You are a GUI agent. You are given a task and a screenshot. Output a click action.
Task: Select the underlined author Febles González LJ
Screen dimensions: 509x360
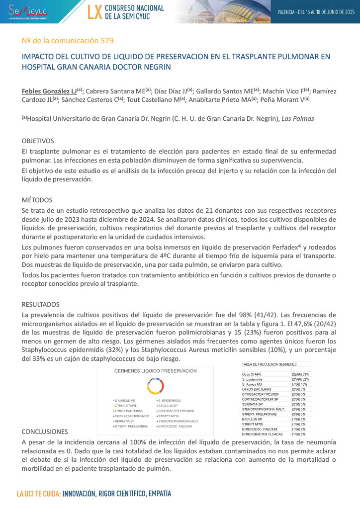[x=49, y=91]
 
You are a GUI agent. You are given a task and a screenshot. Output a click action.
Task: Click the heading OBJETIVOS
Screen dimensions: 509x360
[x=38, y=141]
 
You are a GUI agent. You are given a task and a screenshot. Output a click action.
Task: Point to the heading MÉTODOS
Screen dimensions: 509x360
[x=37, y=200]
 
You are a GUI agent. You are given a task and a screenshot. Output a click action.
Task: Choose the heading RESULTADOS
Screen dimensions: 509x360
[x=41, y=304]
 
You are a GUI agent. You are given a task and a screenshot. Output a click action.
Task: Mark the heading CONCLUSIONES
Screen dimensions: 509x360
[x=45, y=432]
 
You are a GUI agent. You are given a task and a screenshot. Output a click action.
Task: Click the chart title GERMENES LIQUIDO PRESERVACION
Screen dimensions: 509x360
[x=155, y=371]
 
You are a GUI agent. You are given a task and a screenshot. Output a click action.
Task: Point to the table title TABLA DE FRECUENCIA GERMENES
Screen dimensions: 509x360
[x=270, y=364]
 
